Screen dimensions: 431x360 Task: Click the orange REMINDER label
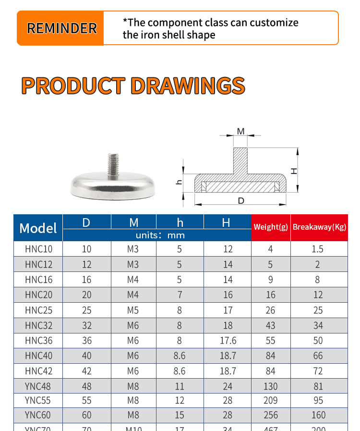point(61,28)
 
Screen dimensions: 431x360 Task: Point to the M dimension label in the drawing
point(240,131)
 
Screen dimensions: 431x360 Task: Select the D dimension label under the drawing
point(241,200)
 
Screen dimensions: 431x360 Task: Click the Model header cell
point(38,228)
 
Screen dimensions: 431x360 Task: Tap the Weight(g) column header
point(271,227)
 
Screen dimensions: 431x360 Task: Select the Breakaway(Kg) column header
point(319,227)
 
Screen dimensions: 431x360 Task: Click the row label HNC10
point(38,249)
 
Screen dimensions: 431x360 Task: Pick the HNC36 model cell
point(38,341)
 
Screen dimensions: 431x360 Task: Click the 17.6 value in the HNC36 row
point(228,341)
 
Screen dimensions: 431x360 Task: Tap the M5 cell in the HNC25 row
point(133,310)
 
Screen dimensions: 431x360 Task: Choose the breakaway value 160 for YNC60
point(318,415)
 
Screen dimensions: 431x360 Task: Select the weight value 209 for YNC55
point(271,400)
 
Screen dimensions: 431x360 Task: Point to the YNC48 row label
point(38,386)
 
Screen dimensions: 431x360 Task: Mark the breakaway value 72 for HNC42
point(318,371)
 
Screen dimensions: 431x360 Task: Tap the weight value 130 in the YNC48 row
point(271,386)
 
